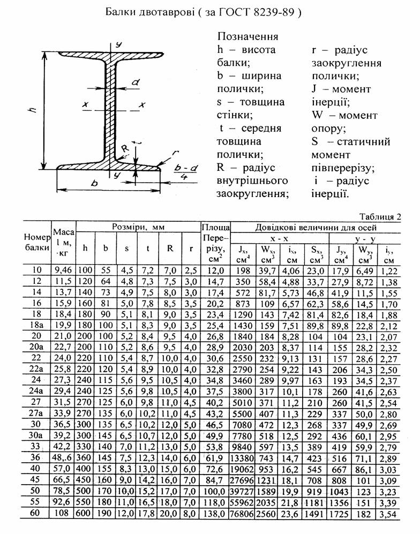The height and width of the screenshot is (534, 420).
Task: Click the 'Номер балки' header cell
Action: [37, 242]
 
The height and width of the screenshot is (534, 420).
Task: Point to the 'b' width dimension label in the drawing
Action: [95, 182]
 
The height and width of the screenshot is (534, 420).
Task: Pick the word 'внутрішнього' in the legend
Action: [252, 180]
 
